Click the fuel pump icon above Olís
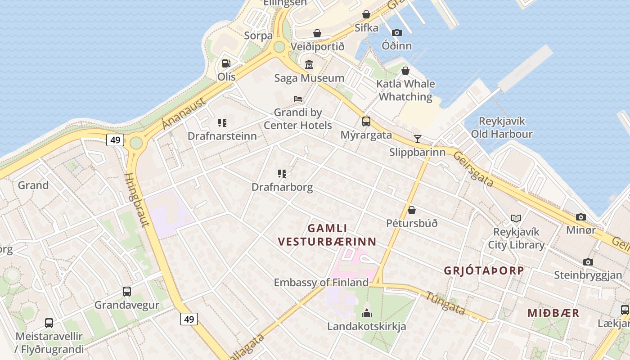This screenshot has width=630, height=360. [x=226, y=63]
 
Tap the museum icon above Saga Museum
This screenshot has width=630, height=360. [x=309, y=65]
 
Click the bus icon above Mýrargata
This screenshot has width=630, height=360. [x=366, y=121]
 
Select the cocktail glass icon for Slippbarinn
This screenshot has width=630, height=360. [x=418, y=139]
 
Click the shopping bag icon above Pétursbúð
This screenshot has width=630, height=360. [x=412, y=210]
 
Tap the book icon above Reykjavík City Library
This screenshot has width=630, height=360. [x=516, y=219]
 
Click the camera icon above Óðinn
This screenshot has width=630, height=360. [x=396, y=32]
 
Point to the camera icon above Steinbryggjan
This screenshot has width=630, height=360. [x=588, y=262]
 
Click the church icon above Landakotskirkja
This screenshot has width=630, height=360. [x=367, y=313]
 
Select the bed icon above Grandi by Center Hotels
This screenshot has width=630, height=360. [x=298, y=99]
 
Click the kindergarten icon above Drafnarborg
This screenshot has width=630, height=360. [x=282, y=174]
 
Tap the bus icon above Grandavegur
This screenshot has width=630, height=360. [x=127, y=292]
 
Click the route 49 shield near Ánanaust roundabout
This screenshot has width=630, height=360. [x=116, y=140]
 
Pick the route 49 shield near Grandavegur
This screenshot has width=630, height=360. [x=189, y=319]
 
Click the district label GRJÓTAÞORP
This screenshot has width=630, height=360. [x=484, y=270]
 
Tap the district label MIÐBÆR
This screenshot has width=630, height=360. [x=553, y=313]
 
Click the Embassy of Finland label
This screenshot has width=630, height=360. [x=321, y=283]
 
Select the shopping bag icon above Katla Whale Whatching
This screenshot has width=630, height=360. [x=405, y=71]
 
